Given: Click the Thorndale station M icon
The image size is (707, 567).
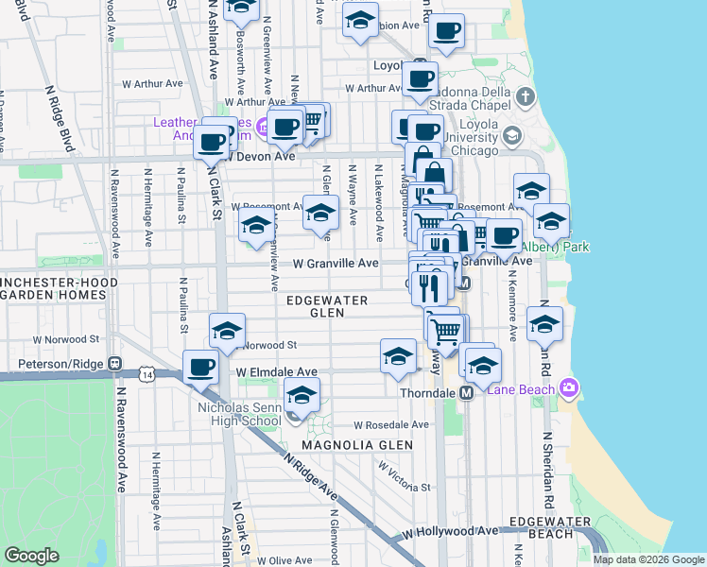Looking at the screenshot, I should pyautogui.click(x=466, y=392).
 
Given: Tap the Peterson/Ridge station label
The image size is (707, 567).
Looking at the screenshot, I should pyautogui.click(x=52, y=362).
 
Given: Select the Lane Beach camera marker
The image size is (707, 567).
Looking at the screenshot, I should pyautogui.click(x=568, y=387).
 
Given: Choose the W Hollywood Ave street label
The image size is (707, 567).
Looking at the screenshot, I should pyautogui.click(x=449, y=532).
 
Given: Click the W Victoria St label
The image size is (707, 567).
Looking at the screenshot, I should pyautogui.click(x=405, y=476).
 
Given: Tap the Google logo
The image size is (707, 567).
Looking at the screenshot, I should pyautogui.click(x=31, y=556).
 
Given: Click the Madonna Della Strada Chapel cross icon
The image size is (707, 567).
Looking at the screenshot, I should pyautogui.click(x=526, y=96).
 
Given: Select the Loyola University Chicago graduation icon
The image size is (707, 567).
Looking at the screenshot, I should pyautogui.click(x=511, y=135).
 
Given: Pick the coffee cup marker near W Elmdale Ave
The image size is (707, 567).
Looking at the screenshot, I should pyautogui.click(x=199, y=368).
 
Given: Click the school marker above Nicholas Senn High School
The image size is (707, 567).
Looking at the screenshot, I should pyautogui.click(x=302, y=396).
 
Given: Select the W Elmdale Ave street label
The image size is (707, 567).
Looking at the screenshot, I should pyautogui.click(x=277, y=372).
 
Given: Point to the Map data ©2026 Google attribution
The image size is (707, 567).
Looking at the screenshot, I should pyautogui.click(x=649, y=559).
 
